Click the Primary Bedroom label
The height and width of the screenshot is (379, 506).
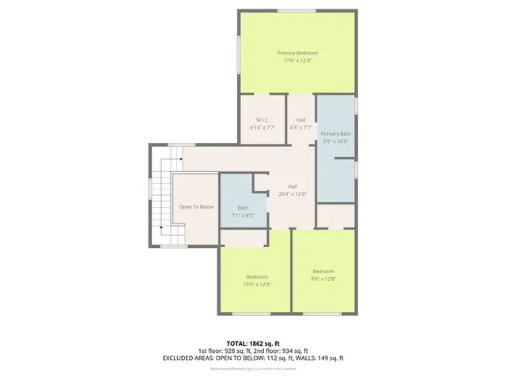coord(297,52)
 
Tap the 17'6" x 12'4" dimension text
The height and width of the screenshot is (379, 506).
coord(297,60)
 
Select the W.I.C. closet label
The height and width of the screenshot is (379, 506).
coord(262,119)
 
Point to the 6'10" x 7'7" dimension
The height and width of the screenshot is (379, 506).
coord(262,127)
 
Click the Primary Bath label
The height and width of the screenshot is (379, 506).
coord(336,133)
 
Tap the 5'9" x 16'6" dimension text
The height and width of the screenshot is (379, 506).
coord(336,141)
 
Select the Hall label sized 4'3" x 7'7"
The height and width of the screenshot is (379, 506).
coord(301,119)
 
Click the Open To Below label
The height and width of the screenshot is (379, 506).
coord(196,207)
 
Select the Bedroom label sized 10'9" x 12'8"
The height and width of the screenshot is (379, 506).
coord(257,276)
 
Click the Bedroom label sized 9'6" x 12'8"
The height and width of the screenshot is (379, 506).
coord(323,270)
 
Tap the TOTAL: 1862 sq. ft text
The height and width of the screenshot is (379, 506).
coord(253,343)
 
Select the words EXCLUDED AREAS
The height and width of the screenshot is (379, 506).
coord(188,358)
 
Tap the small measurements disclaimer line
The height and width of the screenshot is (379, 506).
coord(253,369)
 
